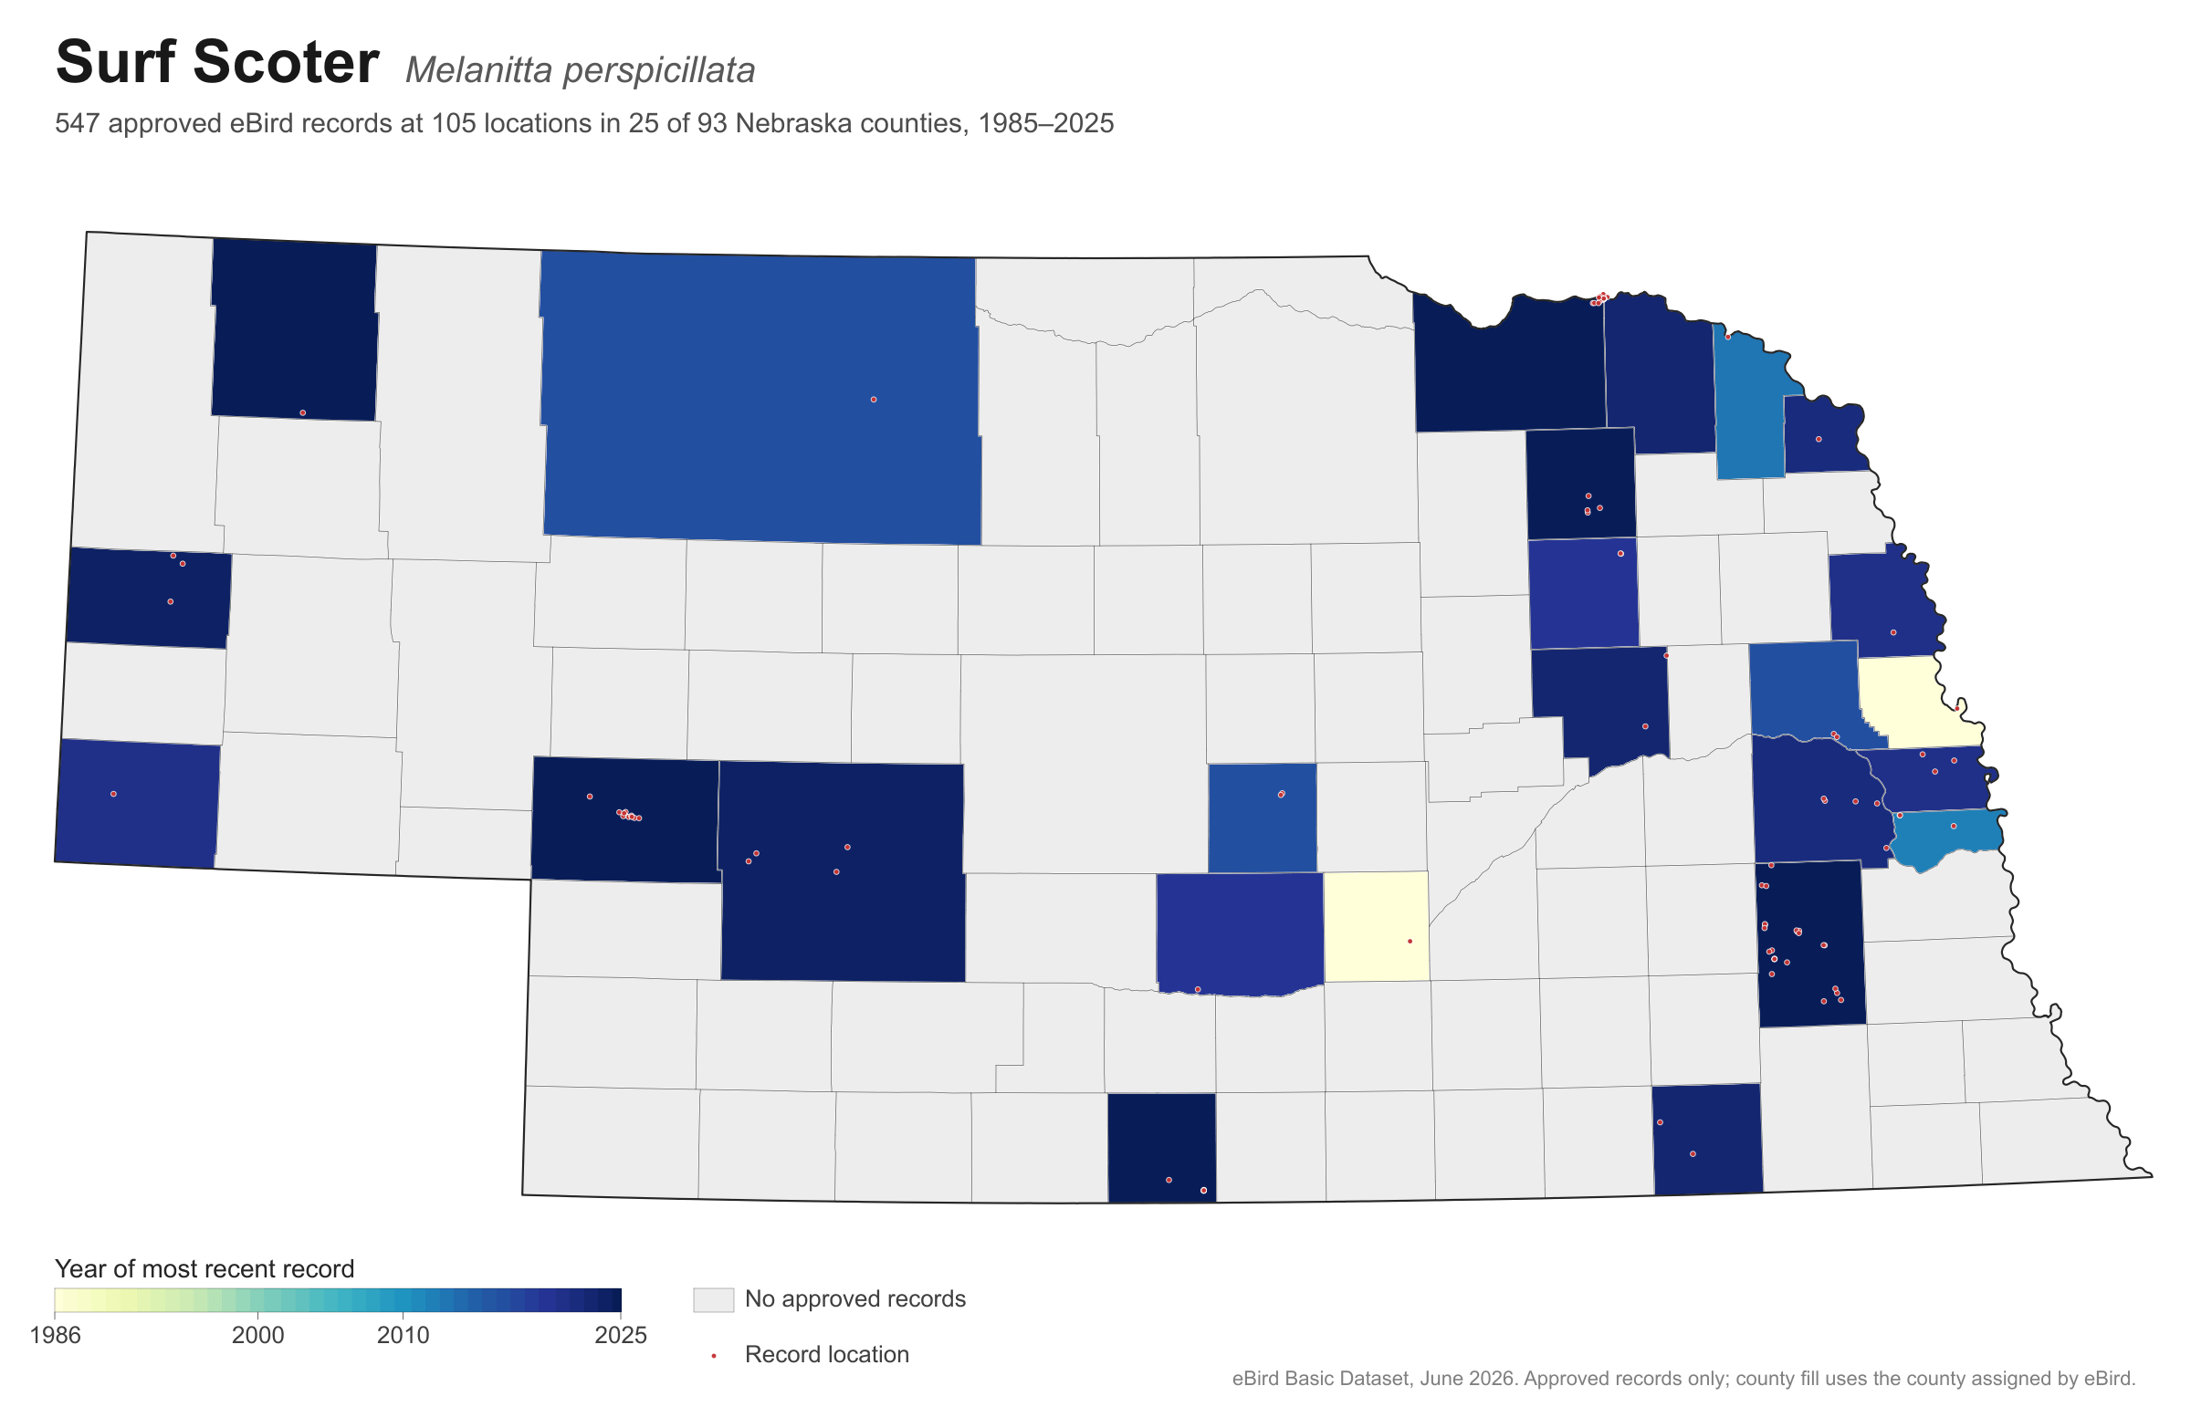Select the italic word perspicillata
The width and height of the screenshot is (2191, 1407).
pyautogui.click(x=659, y=71)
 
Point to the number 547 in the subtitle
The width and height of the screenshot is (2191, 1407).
pyautogui.click(x=78, y=123)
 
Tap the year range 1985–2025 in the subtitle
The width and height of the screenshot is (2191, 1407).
pyautogui.click(x=1045, y=123)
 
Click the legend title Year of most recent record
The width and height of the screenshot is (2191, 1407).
pyautogui.click(x=204, y=1268)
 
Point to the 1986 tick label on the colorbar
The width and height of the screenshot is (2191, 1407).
pyautogui.click(x=55, y=1335)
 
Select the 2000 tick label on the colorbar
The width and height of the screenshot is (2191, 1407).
pyautogui.click(x=257, y=1335)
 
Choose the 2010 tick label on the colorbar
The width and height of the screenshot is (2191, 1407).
pyautogui.click(x=404, y=1335)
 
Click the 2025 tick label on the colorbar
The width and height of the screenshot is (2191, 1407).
pyautogui.click(x=621, y=1335)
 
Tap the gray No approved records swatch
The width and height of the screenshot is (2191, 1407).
pyautogui.click(x=713, y=1299)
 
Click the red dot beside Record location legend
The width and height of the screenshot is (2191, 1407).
pyautogui.click(x=713, y=1356)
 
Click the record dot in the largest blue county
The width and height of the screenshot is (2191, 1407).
pyautogui.click(x=874, y=400)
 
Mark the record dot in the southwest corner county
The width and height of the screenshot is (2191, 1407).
pyautogui.click(x=113, y=794)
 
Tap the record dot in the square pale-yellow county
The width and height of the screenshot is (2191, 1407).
pyautogui.click(x=1410, y=941)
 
